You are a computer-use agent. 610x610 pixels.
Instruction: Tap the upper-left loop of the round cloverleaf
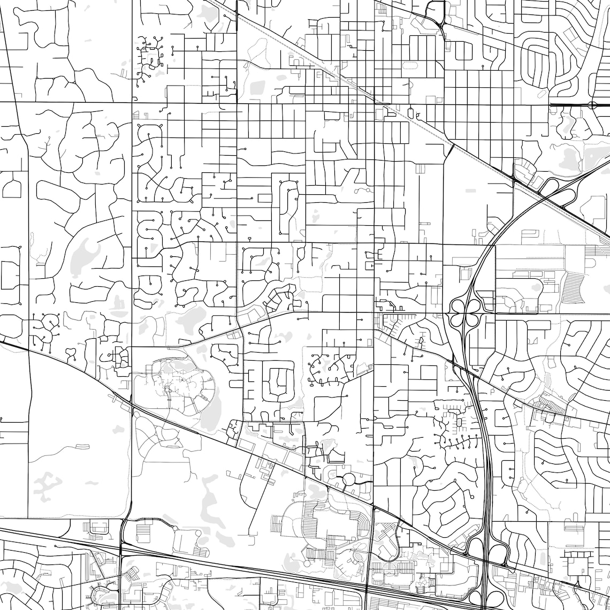[x=459, y=306]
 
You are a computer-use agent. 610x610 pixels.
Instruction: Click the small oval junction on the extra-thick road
[x=592, y=105]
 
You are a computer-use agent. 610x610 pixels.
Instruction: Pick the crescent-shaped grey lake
[x=86, y=251]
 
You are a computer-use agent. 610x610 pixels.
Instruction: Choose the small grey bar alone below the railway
[x=471, y=190]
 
